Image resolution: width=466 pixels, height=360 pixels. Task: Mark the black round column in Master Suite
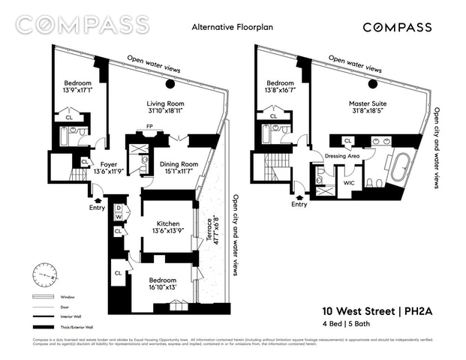372,83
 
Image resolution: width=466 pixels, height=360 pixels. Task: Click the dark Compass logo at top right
397,28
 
